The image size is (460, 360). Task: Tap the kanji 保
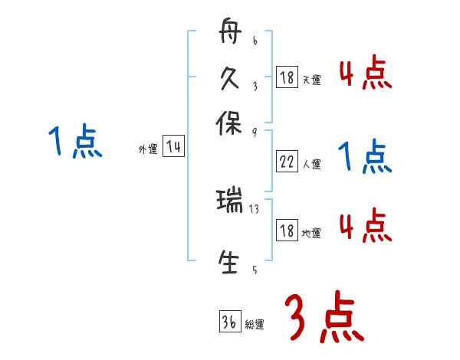coord(230,123)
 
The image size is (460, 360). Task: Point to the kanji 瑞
coord(230,202)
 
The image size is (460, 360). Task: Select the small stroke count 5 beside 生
coord(255,269)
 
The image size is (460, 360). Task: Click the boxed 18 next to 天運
coord(286,77)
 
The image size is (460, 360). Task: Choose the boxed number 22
coord(286,162)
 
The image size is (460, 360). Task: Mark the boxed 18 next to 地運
coord(286,231)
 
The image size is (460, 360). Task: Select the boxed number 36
coord(229,322)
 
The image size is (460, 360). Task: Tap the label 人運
coord(312,164)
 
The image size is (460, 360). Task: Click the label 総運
coord(255,324)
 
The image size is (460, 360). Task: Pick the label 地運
coord(312,233)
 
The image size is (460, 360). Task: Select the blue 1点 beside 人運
coord(365,157)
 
